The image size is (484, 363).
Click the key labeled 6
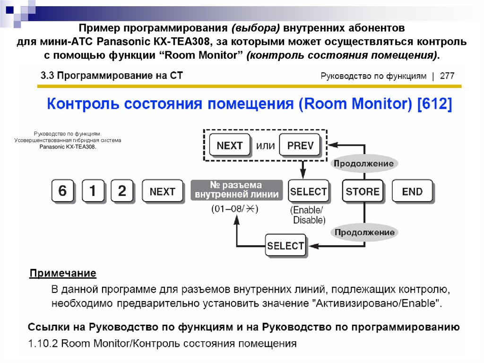point(62,191)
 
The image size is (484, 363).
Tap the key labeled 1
point(93,191)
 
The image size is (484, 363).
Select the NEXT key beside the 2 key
point(162,192)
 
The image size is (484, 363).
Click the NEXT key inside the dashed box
point(229,145)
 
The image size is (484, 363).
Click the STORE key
point(363,192)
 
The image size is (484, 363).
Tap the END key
point(412,192)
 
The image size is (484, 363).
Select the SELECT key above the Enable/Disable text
point(308,192)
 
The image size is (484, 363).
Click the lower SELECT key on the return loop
point(285,246)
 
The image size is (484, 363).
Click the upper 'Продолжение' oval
point(363,164)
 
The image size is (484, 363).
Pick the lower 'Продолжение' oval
point(364,232)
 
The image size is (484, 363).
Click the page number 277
point(447,76)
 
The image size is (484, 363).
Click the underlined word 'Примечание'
point(63,274)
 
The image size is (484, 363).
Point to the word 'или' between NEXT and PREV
point(265,146)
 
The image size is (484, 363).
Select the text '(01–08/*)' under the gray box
point(235,209)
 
